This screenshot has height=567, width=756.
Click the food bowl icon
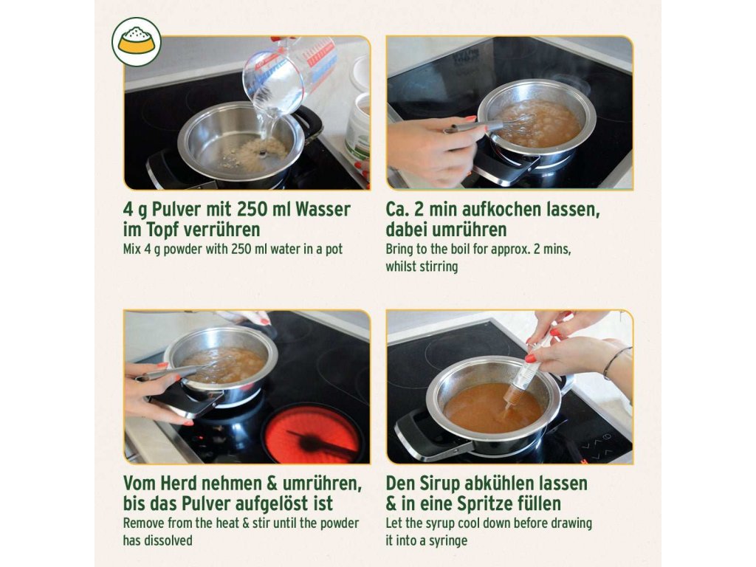(137, 42)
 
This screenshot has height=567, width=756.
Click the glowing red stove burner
(312, 434)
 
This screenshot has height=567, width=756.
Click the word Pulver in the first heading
(176, 210)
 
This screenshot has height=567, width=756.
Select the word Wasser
(323, 209)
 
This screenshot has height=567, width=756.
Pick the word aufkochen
(501, 209)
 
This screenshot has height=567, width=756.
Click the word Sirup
(437, 483)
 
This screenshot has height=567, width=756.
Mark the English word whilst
(401, 266)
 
